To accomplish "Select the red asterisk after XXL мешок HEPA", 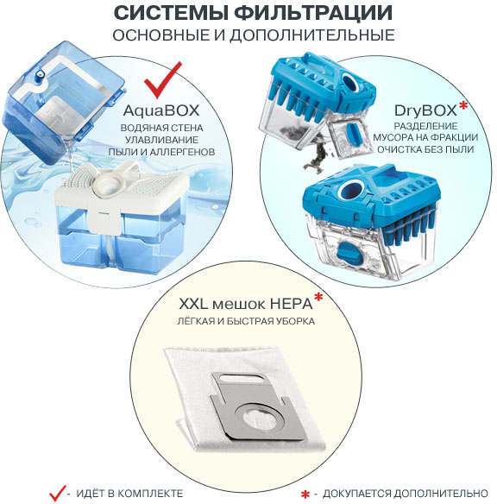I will click(318, 298).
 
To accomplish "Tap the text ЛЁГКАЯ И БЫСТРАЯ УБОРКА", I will click(248, 322).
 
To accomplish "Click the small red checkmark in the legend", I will click(58, 492).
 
